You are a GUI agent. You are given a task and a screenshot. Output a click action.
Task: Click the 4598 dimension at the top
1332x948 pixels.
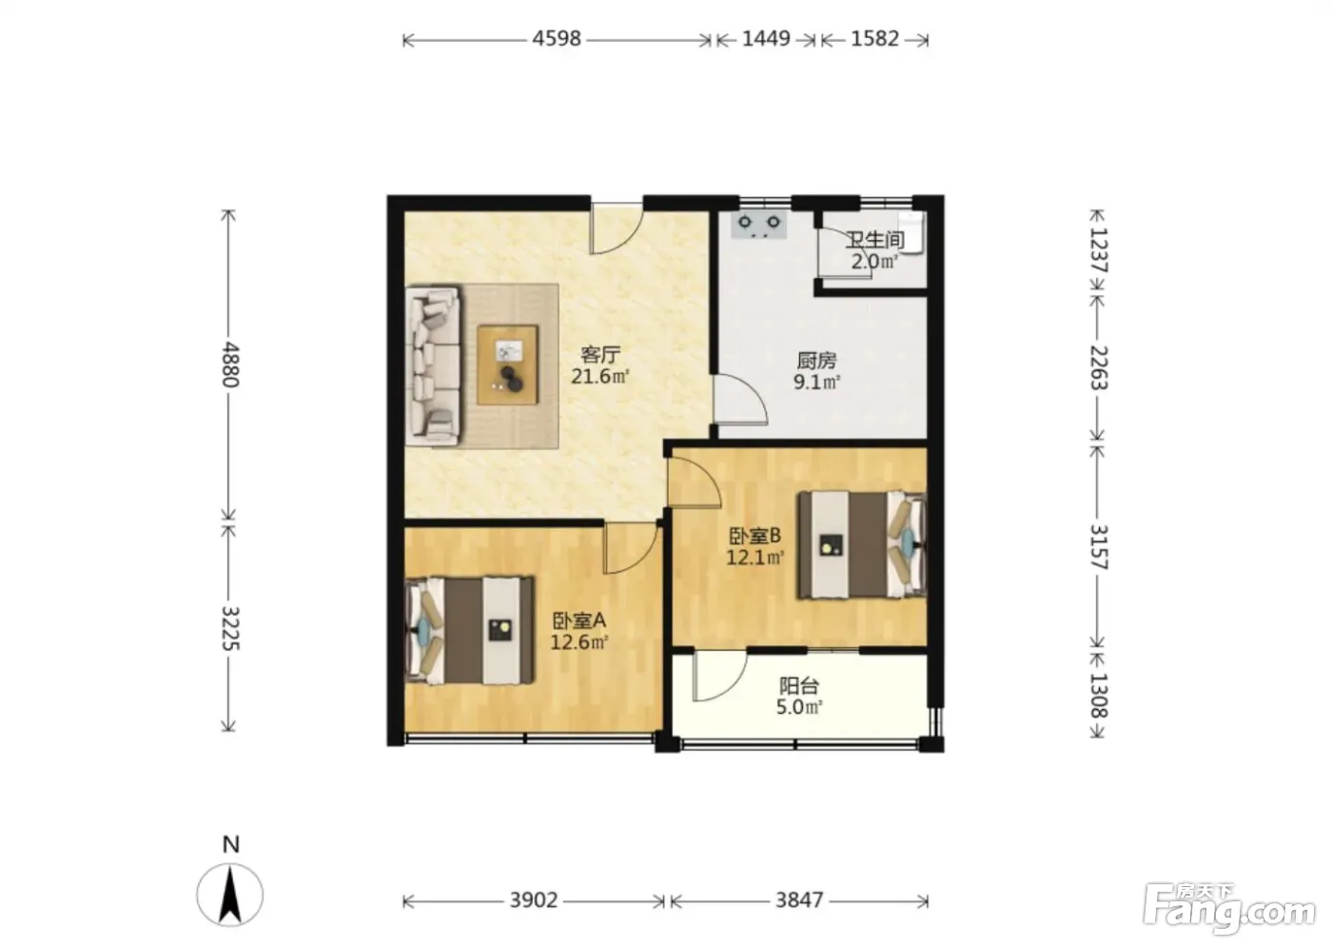(556, 39)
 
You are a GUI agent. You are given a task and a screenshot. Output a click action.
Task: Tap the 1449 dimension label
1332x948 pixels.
(766, 39)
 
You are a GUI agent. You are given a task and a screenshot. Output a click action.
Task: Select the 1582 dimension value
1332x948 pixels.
(874, 39)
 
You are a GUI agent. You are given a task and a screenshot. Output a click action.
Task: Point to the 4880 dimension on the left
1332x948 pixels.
(230, 365)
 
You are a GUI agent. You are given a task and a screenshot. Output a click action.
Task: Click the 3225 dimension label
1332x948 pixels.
(230, 628)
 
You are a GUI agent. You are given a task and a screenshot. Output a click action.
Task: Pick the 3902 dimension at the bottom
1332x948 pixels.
(534, 900)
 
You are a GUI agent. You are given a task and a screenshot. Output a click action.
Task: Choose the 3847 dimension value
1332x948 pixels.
(799, 900)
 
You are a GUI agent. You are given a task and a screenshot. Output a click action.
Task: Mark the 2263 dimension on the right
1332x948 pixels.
(1099, 367)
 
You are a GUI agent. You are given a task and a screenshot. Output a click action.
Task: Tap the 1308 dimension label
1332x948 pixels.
(1099, 695)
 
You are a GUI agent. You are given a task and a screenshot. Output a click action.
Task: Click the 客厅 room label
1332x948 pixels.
(600, 355)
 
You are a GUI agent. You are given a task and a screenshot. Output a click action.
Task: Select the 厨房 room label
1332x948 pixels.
(816, 361)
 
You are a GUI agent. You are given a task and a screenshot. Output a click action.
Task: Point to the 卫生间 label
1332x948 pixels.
(874, 240)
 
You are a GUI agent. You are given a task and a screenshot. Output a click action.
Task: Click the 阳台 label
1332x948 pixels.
(799, 686)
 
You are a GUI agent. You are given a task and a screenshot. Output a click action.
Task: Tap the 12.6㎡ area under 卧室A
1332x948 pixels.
(579, 642)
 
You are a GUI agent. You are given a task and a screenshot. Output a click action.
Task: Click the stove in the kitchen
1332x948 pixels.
(759, 225)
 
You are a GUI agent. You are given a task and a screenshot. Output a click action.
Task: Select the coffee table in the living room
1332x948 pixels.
(508, 365)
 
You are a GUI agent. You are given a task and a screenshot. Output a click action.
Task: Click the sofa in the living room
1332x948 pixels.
(433, 366)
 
